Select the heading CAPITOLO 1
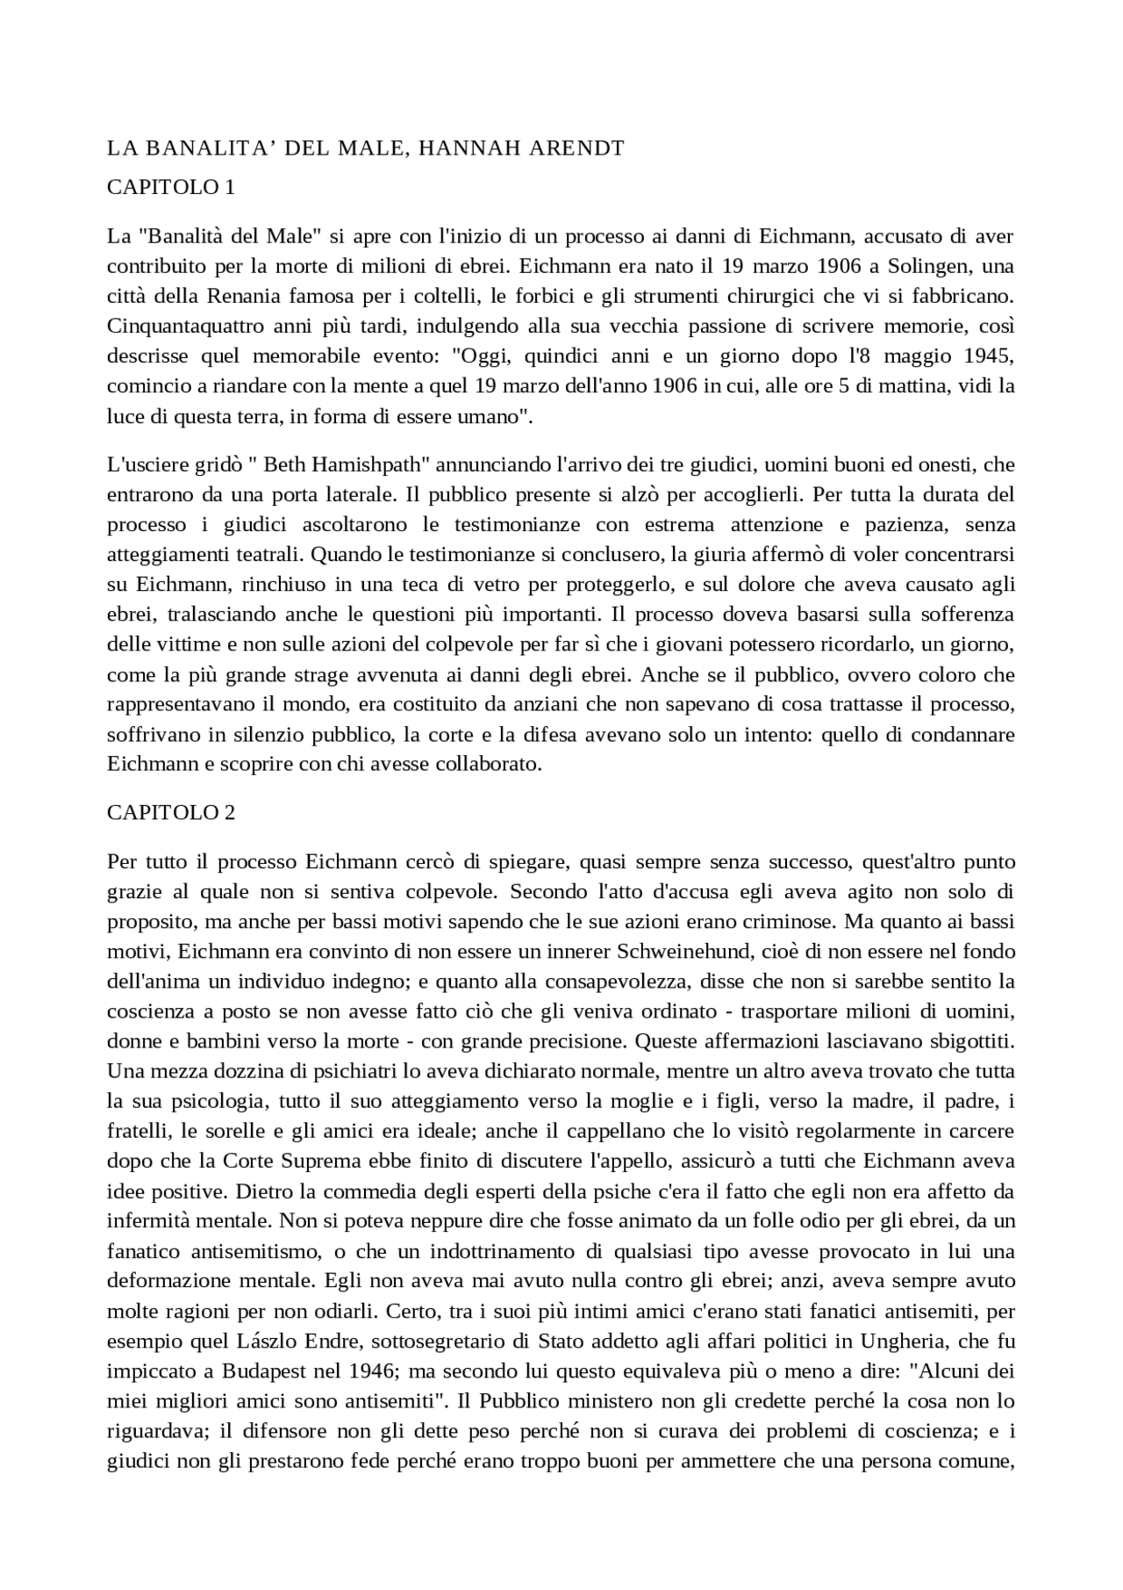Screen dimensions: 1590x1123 tap(170, 187)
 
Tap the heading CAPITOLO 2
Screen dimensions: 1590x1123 tap(170, 812)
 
